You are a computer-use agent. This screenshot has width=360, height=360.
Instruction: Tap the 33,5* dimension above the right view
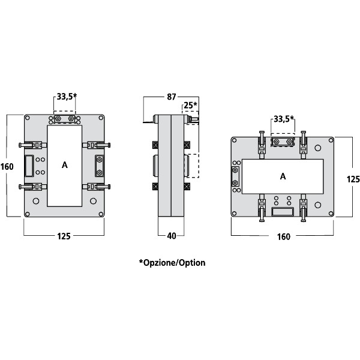click(283, 118)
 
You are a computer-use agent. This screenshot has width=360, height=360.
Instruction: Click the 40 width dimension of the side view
click(171, 236)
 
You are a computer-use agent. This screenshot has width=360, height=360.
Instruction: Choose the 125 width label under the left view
click(64, 236)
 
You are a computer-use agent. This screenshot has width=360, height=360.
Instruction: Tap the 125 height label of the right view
click(353, 179)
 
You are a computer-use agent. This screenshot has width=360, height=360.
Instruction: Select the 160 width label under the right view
click(283, 236)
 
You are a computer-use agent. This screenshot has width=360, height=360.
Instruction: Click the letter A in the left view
click(64, 164)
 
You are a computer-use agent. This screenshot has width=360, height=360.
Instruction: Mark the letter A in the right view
click(283, 176)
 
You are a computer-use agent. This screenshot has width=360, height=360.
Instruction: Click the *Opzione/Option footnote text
click(172, 263)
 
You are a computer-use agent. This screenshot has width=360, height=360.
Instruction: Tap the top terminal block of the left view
click(65, 120)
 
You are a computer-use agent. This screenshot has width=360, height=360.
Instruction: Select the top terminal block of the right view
click(283, 142)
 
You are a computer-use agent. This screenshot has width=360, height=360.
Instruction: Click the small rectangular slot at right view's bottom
click(282, 211)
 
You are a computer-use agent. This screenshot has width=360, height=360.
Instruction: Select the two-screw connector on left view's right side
click(100, 164)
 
